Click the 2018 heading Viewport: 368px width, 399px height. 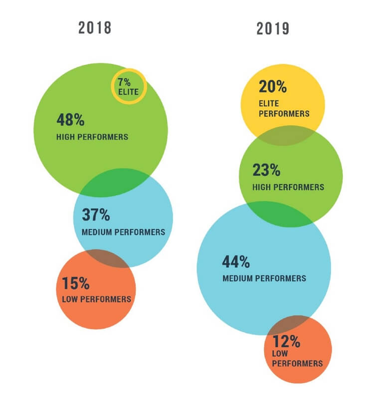pos(95,28)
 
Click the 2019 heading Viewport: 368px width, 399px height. pos(273,28)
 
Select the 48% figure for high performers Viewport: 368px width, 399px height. pos(70,120)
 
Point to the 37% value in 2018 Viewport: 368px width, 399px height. pos(95,215)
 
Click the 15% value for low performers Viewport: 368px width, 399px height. pos(76,284)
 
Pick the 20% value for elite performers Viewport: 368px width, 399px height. pos(272,87)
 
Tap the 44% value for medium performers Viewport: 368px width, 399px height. pos(236,261)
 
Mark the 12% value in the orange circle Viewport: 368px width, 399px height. pos(286,342)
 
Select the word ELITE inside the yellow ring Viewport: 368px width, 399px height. pos(128,92)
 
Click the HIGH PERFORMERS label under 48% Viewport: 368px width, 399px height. pos(92,137)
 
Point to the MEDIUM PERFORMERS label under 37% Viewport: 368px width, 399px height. pos(123,232)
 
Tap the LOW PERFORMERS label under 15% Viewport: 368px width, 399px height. pos(96,299)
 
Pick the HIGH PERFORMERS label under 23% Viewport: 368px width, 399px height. pos(288,188)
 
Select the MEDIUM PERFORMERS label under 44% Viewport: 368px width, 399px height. pos(264,278)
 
